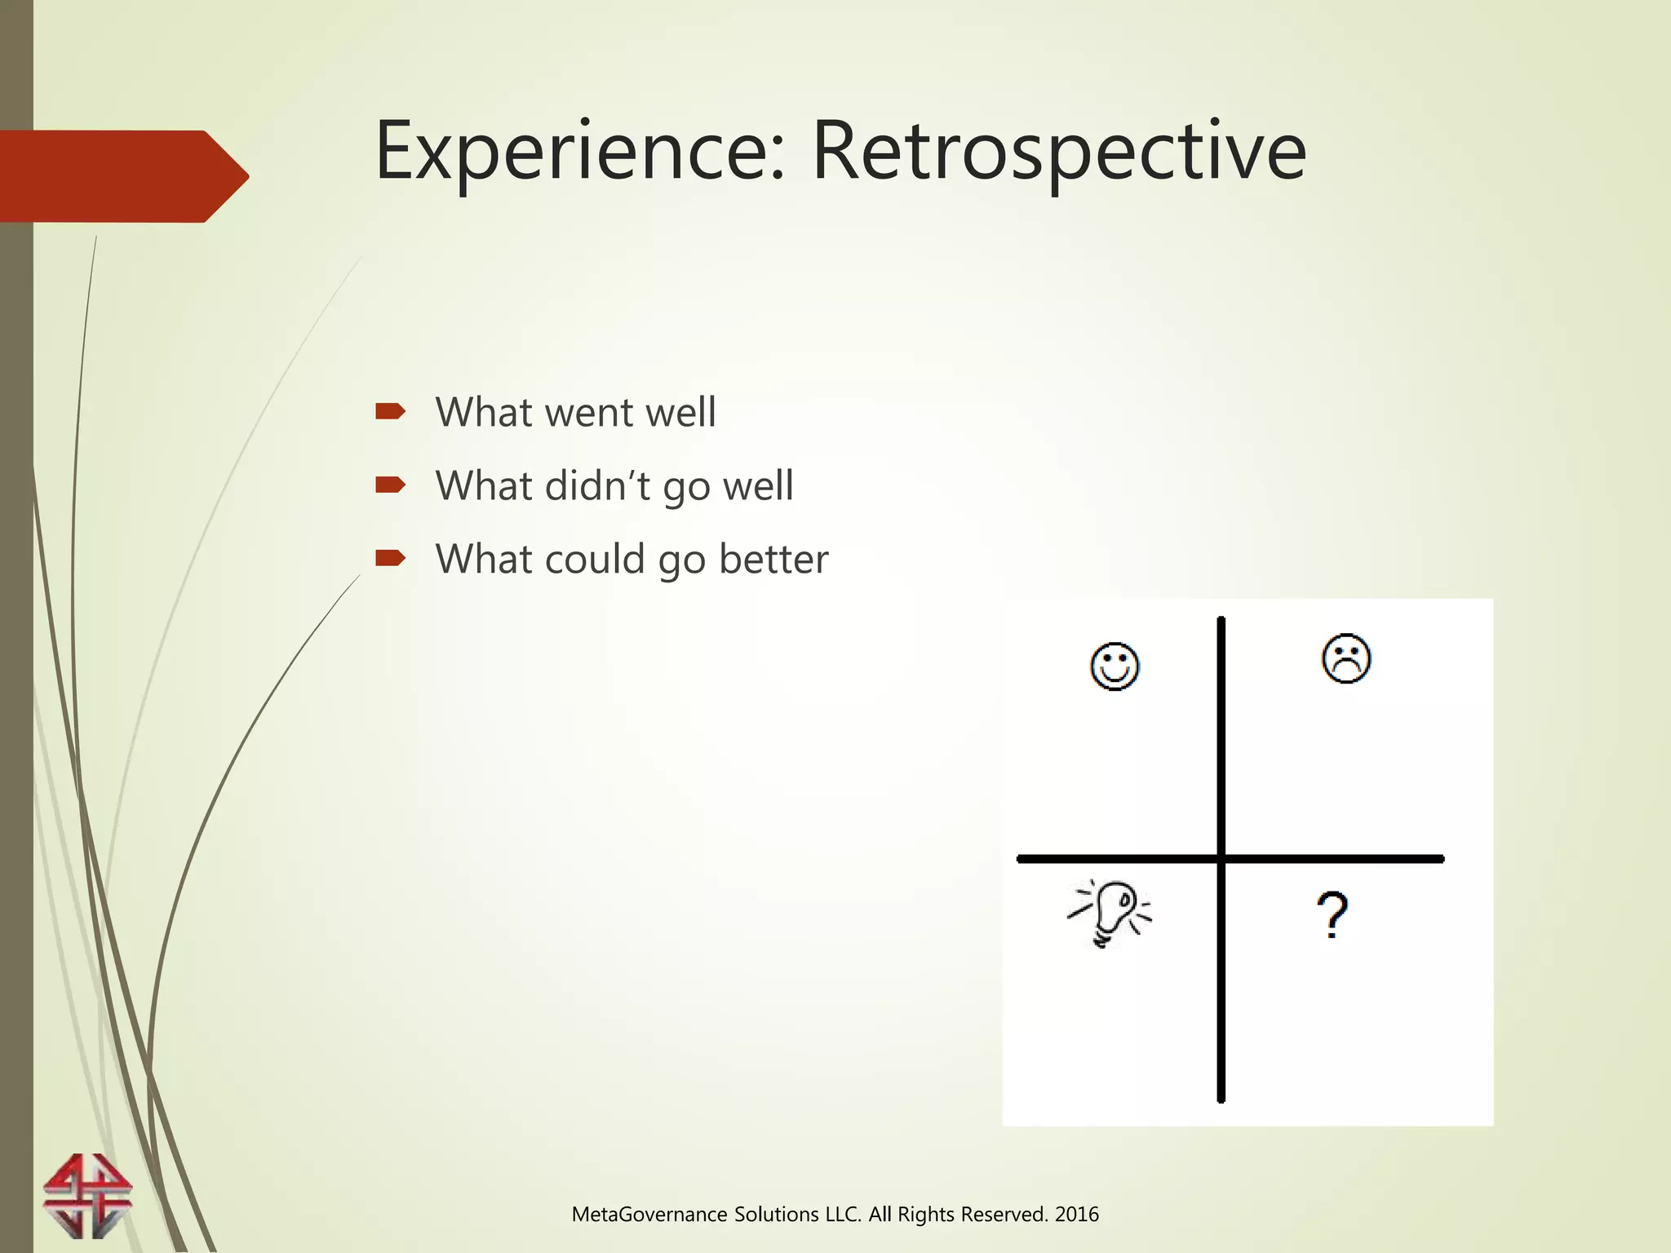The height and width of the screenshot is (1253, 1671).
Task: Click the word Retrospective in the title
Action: point(1059,153)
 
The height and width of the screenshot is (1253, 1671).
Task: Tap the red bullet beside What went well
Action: point(390,411)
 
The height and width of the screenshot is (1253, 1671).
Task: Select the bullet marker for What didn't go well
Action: point(390,485)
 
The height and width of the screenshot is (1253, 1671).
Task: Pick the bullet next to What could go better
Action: point(390,558)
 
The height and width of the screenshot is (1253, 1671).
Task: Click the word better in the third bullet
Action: point(773,560)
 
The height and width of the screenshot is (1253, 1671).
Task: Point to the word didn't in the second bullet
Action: point(597,486)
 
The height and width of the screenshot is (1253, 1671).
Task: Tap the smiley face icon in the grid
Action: point(1115,666)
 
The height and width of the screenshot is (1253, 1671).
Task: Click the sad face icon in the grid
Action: point(1346,658)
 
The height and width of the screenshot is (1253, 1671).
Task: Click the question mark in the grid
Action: point(1332,915)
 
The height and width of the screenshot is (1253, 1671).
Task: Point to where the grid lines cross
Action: point(1221,858)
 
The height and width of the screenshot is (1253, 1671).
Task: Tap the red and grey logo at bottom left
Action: point(87,1196)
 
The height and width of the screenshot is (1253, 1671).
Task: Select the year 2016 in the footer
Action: point(1077,1215)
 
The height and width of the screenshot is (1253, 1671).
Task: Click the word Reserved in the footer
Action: point(1003,1215)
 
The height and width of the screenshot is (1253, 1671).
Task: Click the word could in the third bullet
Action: point(595,560)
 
